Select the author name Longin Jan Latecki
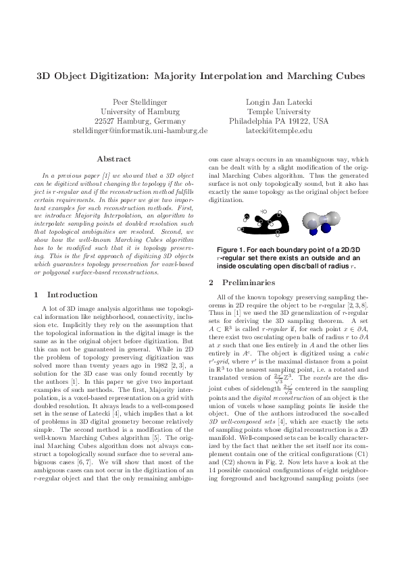click(x=278, y=102)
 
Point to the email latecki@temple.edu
click(x=278, y=130)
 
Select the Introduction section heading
click(x=70, y=295)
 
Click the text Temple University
click(x=278, y=112)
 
